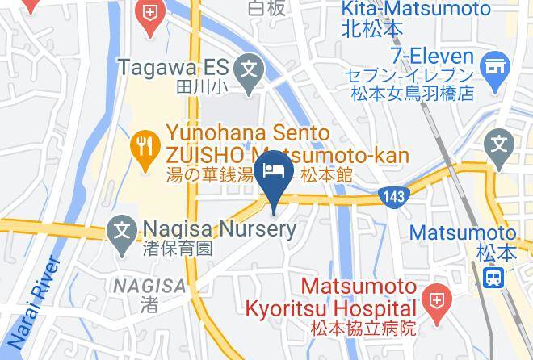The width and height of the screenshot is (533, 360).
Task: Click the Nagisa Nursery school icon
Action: tap(123, 229)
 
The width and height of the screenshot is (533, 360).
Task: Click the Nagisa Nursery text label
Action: tap(219, 229)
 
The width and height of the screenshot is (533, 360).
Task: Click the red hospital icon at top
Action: tap(149, 14)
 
